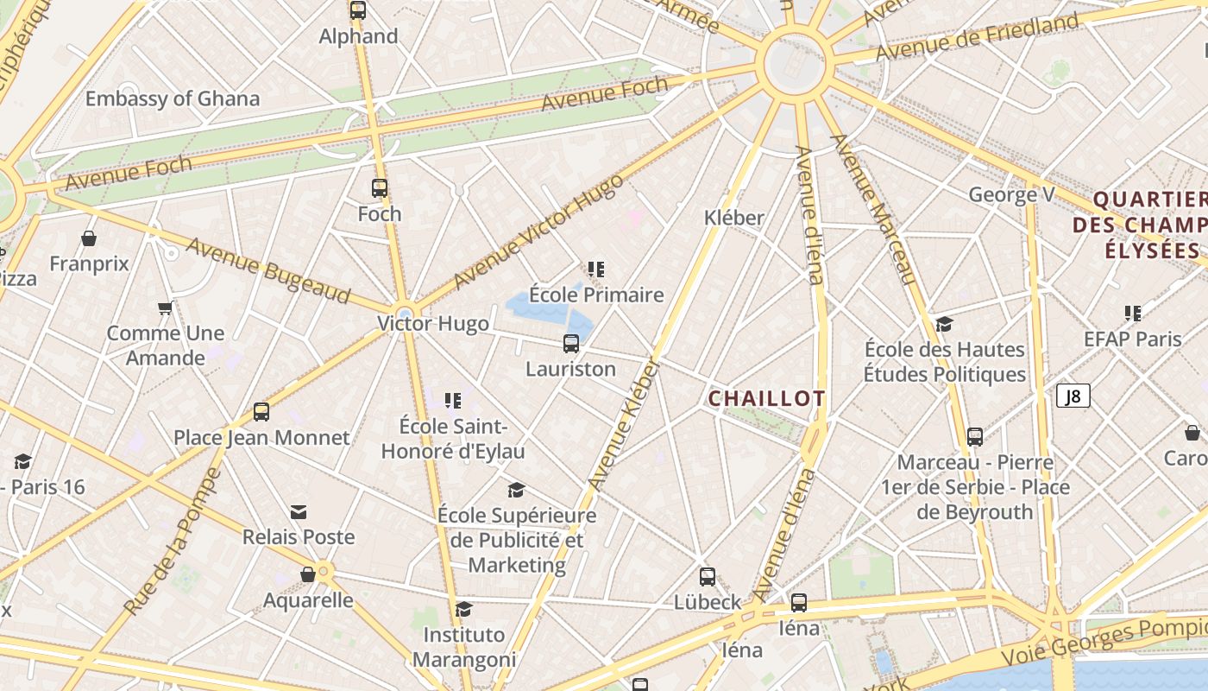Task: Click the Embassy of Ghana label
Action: point(172,98)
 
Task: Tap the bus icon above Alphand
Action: point(358,10)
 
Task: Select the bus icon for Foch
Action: point(380,187)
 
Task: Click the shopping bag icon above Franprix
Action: point(89,238)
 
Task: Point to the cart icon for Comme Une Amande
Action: point(165,308)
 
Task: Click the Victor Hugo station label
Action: point(433,324)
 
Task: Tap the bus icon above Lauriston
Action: point(571,344)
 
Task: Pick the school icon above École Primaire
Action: point(596,269)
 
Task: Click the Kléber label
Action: point(734,218)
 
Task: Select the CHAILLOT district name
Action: point(766,398)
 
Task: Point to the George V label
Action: point(1011,194)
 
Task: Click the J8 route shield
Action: point(1073,396)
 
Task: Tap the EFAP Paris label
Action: point(1133,339)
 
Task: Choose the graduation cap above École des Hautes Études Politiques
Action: point(945,324)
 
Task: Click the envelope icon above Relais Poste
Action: point(299,512)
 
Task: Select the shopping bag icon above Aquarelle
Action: point(308,574)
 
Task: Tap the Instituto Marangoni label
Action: point(464,647)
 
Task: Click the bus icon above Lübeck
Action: point(708,576)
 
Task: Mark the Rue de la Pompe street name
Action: point(172,542)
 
